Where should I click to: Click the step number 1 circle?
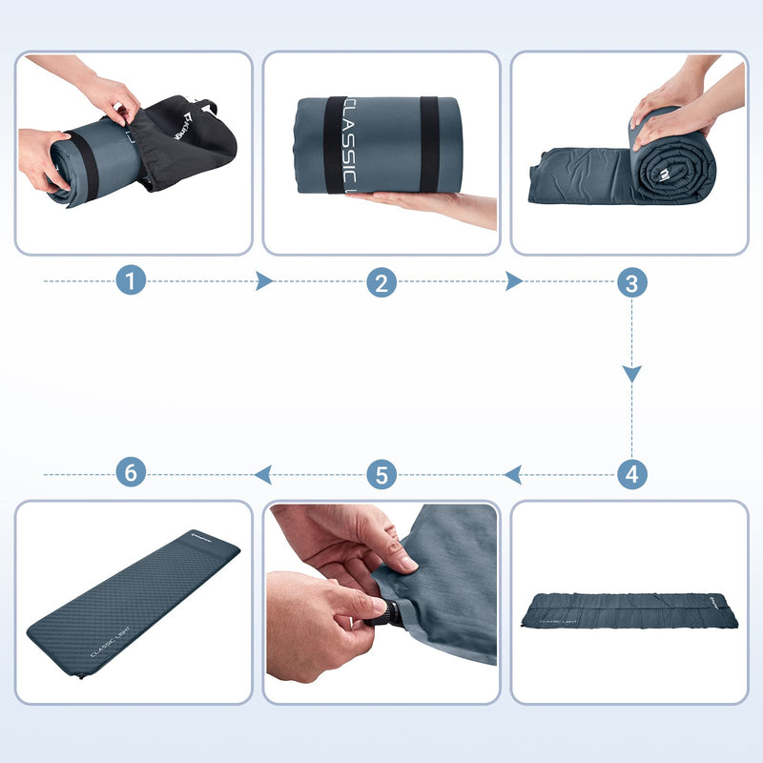[132, 281]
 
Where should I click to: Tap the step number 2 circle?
[381, 281]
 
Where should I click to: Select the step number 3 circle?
[631, 281]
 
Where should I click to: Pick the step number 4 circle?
[631, 473]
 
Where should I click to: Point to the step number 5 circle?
[381, 473]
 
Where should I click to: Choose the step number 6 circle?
[132, 473]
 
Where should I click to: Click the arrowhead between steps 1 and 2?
[264, 281]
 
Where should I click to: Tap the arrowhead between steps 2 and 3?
[514, 281]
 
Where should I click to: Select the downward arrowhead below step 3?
[631, 374]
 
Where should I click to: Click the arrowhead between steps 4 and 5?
[512, 473]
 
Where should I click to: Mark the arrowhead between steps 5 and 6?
[262, 473]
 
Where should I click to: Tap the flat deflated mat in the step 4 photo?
[629, 610]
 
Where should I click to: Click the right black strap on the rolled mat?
[429, 143]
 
